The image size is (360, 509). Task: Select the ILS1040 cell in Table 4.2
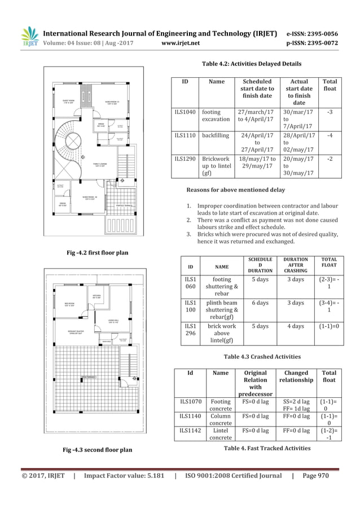185,112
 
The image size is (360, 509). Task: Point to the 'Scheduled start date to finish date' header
257,89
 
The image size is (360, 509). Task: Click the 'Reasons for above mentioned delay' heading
235,189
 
